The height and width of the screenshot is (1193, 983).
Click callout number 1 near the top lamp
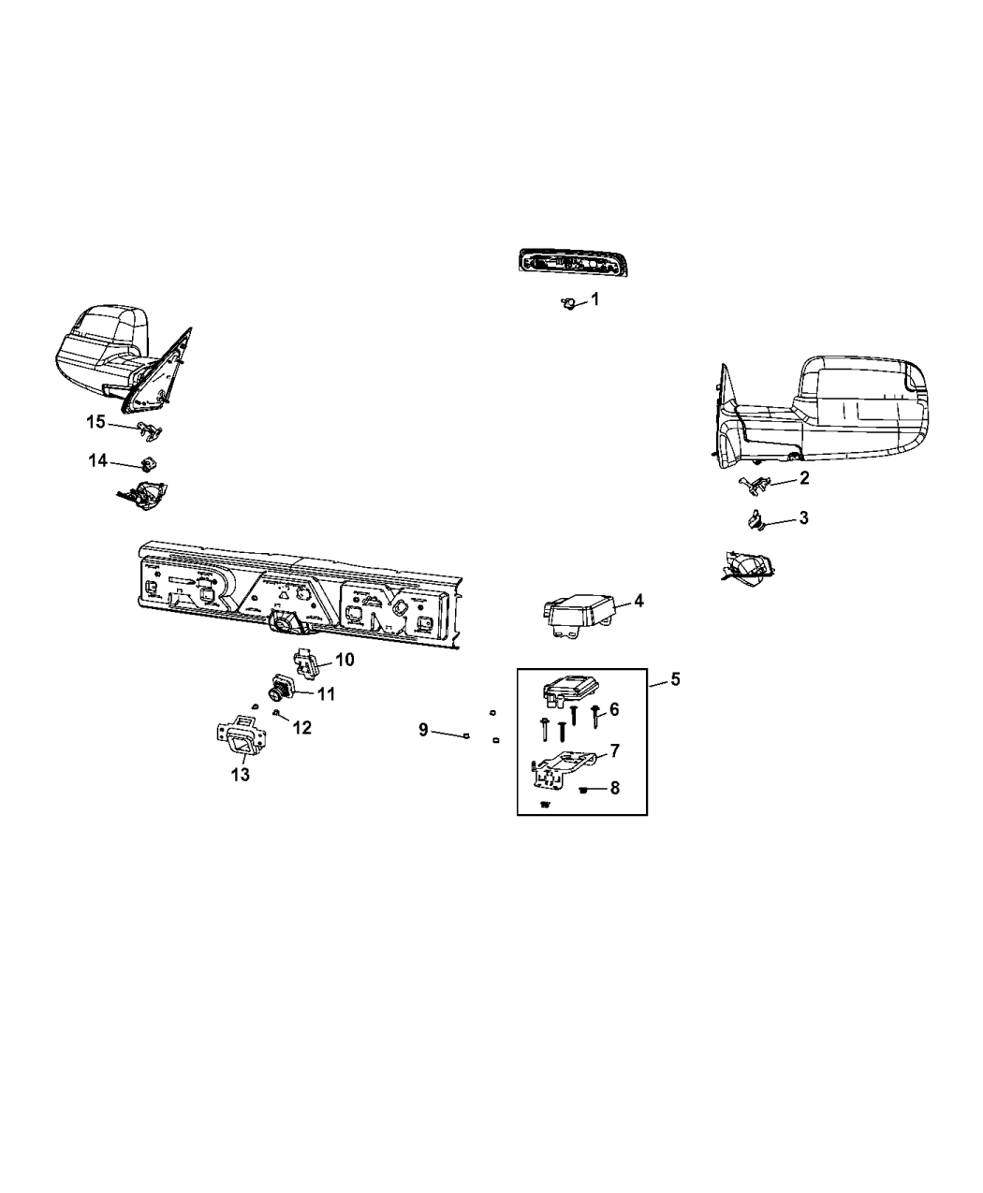(x=594, y=299)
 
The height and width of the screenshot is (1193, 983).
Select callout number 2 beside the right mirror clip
(x=803, y=478)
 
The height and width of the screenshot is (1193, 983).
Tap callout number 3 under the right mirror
(x=803, y=517)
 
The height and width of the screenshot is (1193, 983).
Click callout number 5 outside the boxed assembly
(x=675, y=678)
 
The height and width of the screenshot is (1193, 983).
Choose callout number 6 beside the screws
(x=614, y=710)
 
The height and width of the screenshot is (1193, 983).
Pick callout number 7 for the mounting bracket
(x=614, y=750)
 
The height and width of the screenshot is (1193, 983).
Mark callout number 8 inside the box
(x=614, y=789)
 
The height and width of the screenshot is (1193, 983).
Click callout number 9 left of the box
(x=423, y=730)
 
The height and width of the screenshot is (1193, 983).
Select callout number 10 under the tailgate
(x=345, y=660)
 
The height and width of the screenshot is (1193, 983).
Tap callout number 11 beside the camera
(x=325, y=694)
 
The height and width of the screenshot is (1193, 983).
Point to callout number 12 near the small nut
(x=301, y=726)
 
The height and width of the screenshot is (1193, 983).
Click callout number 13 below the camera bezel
(x=241, y=775)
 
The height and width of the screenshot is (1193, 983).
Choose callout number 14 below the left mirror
(x=98, y=460)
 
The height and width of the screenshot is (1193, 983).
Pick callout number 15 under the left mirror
(x=96, y=422)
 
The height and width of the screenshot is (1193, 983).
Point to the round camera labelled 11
(x=281, y=691)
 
